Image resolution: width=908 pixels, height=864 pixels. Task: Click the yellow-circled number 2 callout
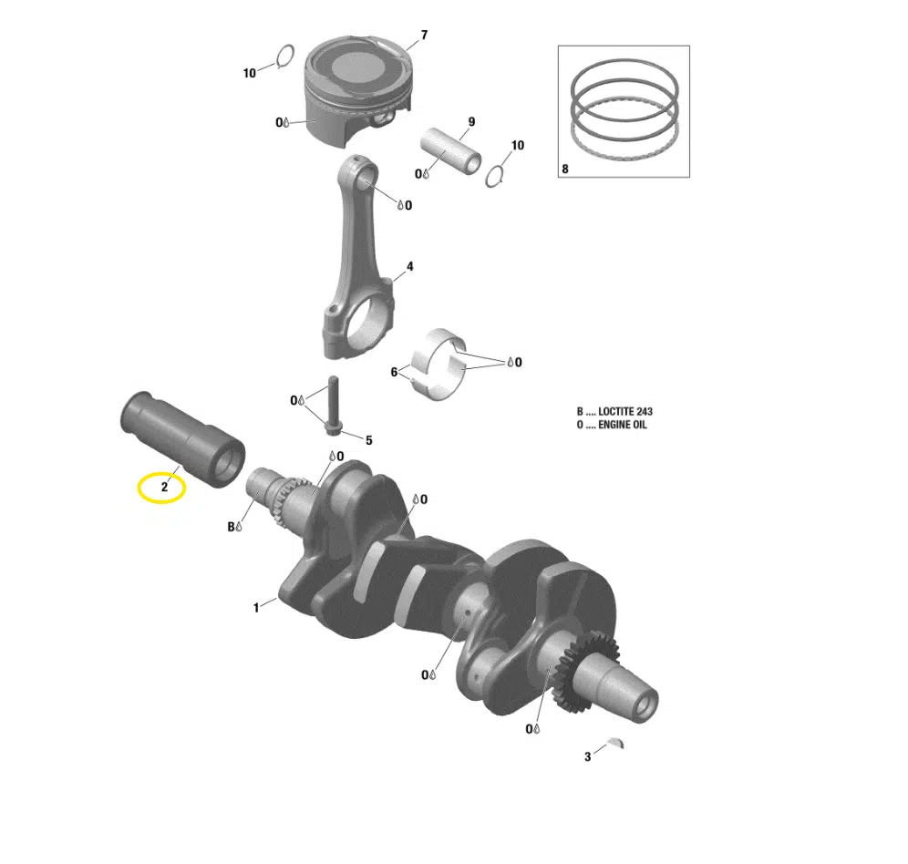[163, 488]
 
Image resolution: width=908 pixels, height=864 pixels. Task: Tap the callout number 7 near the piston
[423, 36]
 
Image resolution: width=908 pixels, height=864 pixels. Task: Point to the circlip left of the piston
[283, 57]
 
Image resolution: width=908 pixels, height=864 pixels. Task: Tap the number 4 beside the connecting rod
[409, 267]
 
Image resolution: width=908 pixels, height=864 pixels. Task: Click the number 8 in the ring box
[565, 169]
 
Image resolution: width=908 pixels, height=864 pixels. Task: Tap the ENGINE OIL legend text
[626, 426]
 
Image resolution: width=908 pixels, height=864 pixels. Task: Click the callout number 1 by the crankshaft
[256, 606]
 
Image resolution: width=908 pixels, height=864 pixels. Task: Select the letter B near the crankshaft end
[231, 526]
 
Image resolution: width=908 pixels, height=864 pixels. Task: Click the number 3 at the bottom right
[588, 757]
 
